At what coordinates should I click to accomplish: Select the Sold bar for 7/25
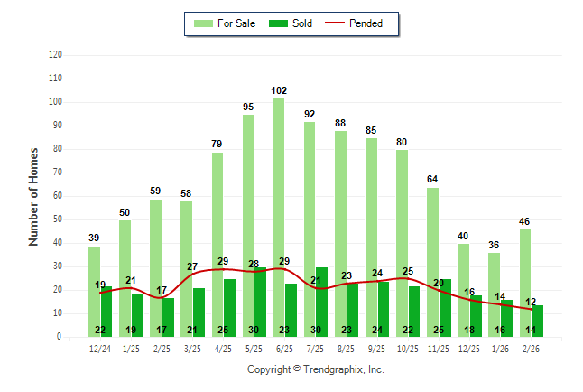321,303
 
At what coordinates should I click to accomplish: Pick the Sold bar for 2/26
537,322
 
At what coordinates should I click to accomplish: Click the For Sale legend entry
226,23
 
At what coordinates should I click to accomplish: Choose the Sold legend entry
292,23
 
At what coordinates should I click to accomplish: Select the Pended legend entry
367,23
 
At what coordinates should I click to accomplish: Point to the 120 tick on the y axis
55,55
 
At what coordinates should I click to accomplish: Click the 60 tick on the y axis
57,196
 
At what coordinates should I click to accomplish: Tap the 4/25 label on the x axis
223,349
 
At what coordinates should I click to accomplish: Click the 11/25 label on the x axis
439,349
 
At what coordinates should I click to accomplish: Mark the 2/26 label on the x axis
531,349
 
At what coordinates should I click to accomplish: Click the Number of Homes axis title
33,196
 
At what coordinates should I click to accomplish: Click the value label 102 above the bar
279,90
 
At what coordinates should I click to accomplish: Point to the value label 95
248,107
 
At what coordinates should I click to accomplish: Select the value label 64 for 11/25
433,180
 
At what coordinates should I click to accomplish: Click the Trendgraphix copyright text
316,369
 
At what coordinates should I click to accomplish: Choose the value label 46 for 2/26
525,221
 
